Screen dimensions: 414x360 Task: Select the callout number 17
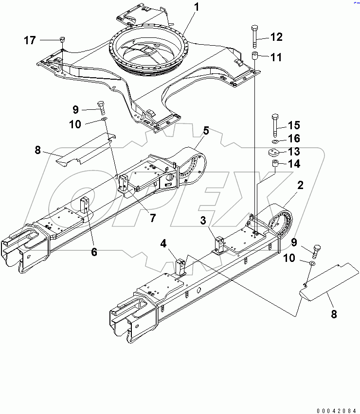coord(30,40)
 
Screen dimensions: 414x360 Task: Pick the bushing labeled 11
coord(254,57)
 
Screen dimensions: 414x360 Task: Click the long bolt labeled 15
coord(275,124)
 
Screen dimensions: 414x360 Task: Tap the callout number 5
coord(206,130)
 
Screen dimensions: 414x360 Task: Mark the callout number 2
coord(301,185)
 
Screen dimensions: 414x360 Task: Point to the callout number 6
coord(94,252)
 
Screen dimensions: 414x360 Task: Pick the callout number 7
coord(152,218)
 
